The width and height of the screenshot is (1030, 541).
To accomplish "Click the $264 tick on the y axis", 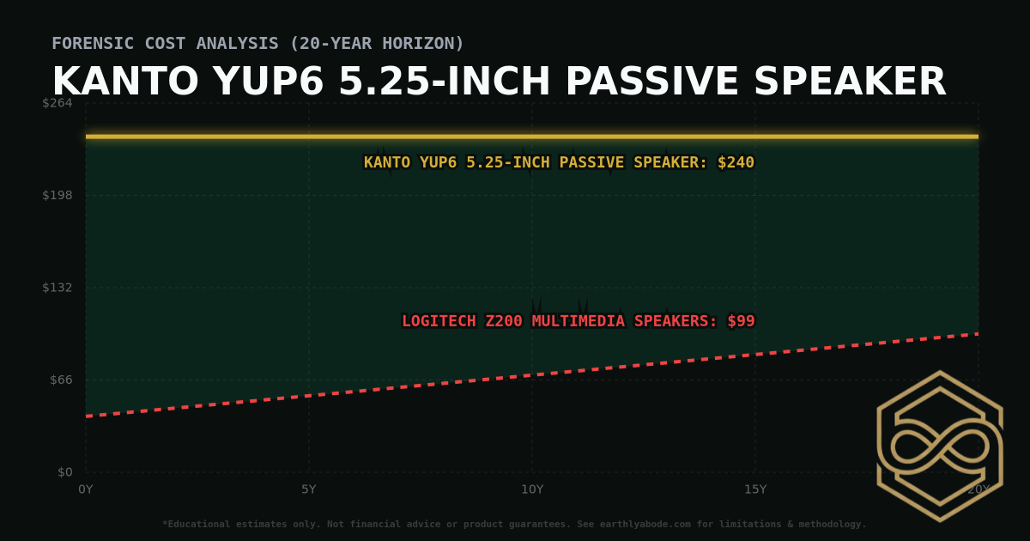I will click(58, 103).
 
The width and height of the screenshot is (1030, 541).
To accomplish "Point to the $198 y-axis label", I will click(58, 195).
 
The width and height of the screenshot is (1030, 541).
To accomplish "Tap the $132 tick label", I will click(58, 288).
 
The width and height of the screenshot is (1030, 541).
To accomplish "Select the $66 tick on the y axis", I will click(61, 380).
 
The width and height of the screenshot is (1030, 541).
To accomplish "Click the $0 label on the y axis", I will click(64, 472).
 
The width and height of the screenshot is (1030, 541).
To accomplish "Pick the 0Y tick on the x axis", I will click(86, 489).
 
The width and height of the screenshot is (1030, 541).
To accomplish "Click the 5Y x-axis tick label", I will click(309, 489).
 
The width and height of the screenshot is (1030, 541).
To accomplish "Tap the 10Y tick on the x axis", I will click(532, 489).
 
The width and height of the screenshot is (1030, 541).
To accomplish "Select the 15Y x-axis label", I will click(755, 489).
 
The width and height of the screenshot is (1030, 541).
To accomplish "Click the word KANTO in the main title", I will click(125, 82).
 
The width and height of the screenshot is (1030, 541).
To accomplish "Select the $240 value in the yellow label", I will click(736, 162).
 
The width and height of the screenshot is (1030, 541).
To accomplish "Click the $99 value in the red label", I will click(741, 321).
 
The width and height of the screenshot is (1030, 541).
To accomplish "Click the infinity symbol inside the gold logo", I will click(940, 447).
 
